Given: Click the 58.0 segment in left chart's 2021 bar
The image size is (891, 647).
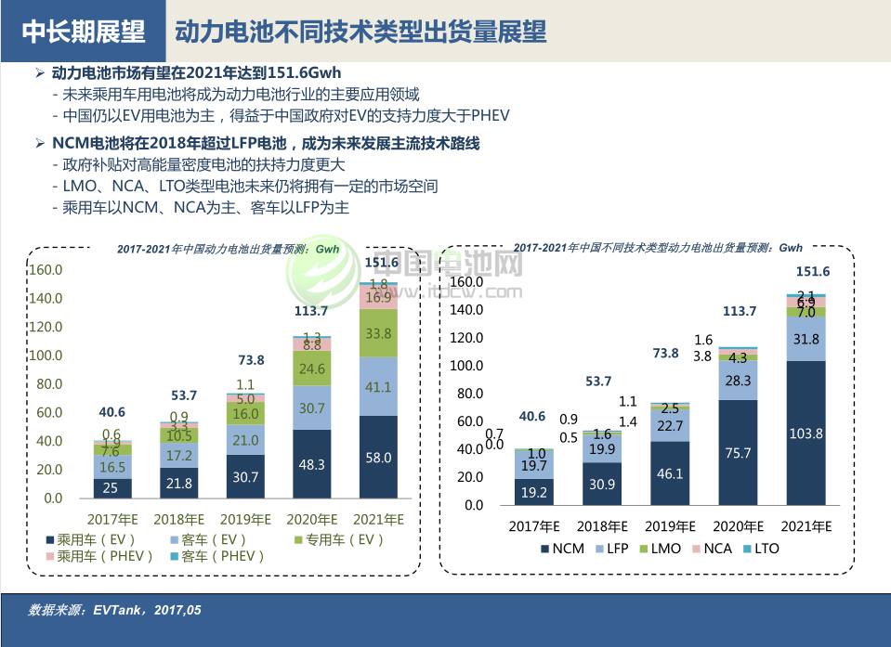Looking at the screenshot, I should click(x=378, y=458).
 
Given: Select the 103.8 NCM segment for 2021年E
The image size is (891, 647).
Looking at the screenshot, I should click(x=806, y=433).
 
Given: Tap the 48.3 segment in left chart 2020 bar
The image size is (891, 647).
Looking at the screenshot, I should click(x=311, y=464).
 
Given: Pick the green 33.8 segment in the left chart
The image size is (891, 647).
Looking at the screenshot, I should click(x=378, y=333).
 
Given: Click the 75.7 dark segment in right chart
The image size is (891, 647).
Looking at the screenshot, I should click(x=739, y=452).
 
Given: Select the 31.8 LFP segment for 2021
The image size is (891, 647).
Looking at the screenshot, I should click(x=806, y=339).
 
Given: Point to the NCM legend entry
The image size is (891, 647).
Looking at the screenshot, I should click(x=561, y=549).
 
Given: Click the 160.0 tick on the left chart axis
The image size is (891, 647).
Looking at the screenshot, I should click(x=46, y=270).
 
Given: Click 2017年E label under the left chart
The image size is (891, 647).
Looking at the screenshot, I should click(x=113, y=519).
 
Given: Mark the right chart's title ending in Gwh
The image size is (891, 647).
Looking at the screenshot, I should click(x=658, y=248).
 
